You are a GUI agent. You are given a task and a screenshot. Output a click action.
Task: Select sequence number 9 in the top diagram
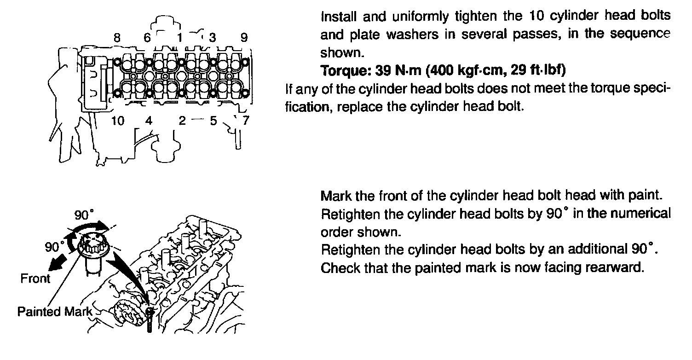click(x=244, y=37)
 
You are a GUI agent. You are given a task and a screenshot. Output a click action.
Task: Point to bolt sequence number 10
click(x=118, y=121)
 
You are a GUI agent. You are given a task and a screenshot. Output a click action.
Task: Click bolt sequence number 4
click(x=148, y=121)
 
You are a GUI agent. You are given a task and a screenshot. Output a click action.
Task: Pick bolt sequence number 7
click(x=246, y=121)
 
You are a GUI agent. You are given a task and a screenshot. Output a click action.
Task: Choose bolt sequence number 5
click(x=213, y=121)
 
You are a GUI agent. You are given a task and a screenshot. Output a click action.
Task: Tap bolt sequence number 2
click(x=182, y=121)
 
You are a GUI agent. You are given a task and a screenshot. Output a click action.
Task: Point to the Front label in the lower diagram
click(x=35, y=279)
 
